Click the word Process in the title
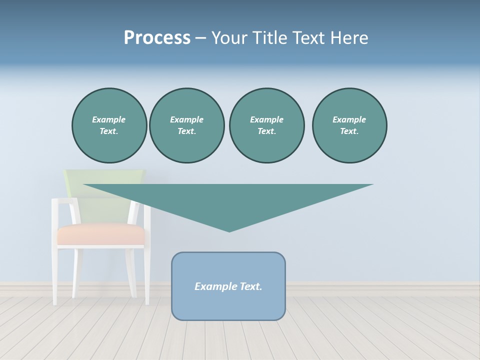157,38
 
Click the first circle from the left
109,125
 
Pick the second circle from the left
187,125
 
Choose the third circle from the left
267,125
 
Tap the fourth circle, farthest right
349,125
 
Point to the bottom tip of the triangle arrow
229,231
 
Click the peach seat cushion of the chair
100,234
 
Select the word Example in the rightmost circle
349,119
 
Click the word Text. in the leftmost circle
109,131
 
